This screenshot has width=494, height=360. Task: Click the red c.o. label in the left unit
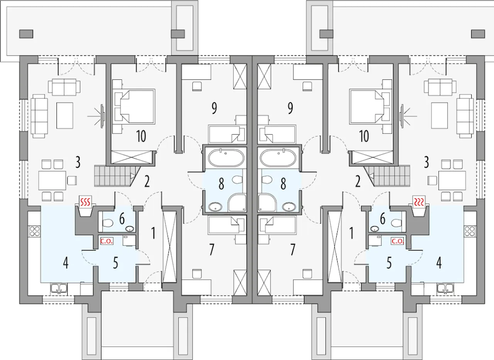coord(106,242)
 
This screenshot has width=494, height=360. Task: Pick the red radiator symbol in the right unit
coord(419,201)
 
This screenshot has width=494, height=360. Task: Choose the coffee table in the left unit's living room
coord(65,115)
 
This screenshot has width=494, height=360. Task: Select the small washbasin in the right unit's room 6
coord(374,228)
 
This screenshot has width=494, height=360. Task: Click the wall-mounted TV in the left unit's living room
coord(102,115)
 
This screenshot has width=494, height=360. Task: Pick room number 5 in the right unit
coord(389,264)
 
